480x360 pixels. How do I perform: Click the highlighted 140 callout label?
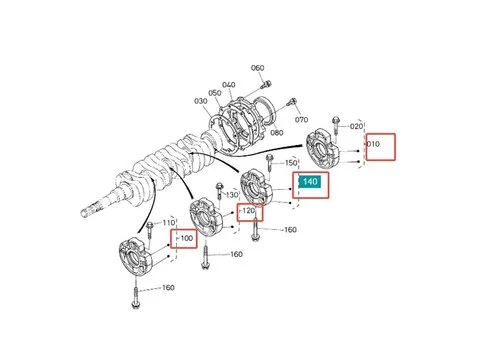pos(310,182)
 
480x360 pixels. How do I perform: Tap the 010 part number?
pos(373,144)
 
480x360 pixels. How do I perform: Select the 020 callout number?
pos(356,126)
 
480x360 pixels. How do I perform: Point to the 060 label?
pos(258,68)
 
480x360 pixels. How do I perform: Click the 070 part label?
pos(301,119)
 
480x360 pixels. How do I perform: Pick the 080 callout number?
pos(277,133)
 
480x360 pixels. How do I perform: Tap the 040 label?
pos(229,85)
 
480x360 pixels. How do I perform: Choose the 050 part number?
pos(215,93)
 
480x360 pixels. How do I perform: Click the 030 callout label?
pos(201,101)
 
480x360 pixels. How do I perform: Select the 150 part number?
pos(291,163)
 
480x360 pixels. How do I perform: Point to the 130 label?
pos(232,195)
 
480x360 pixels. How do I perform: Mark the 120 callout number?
pos(249,211)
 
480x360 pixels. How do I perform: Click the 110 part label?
pos(169,222)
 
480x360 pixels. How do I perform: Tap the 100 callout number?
pos(187,238)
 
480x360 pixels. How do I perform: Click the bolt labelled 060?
pos(267,84)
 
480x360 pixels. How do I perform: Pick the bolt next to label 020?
pos(336,126)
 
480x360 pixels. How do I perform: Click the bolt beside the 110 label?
pos(149,231)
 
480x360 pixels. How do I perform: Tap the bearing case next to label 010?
pos(323,149)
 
